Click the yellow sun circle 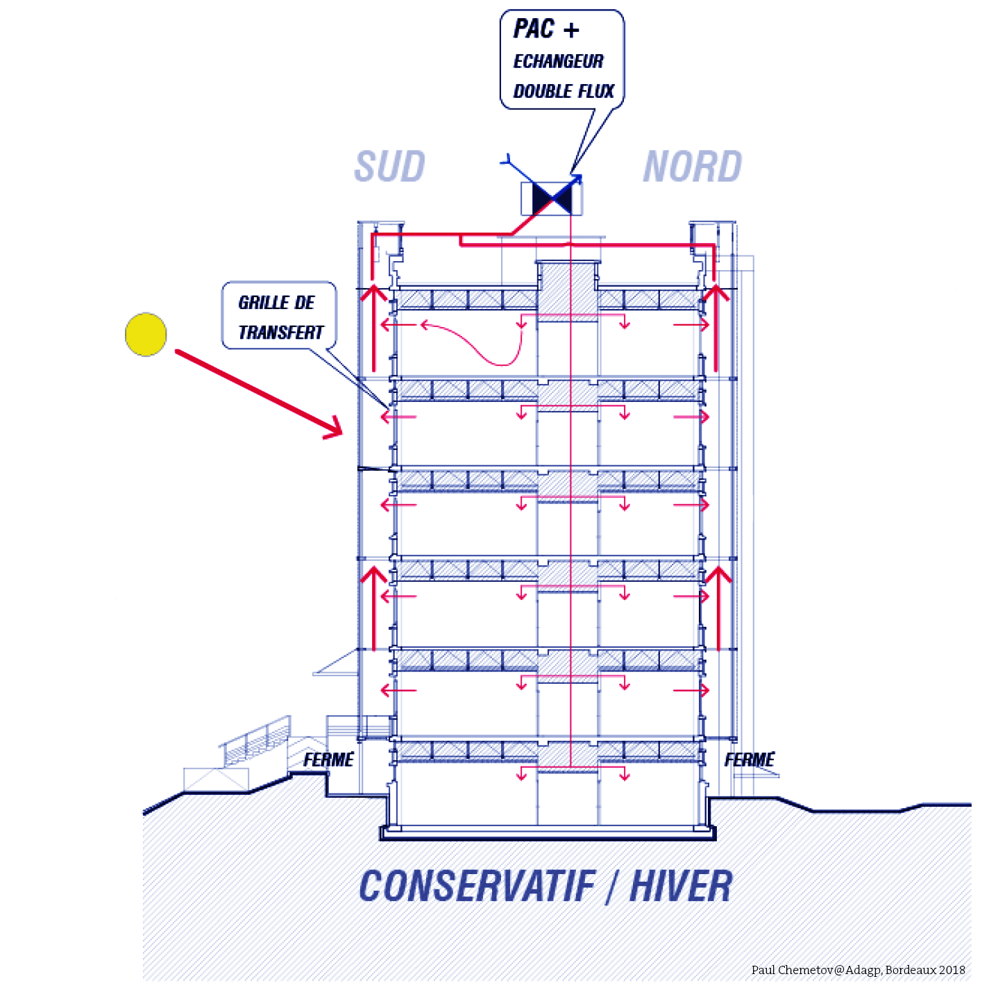click(x=146, y=334)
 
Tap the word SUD click(x=389, y=167)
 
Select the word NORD click(x=692, y=167)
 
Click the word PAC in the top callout click(x=534, y=29)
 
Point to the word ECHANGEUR click(x=558, y=62)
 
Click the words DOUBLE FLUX click(x=564, y=91)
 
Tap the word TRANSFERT click(x=280, y=333)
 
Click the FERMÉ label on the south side click(x=328, y=760)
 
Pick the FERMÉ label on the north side click(x=750, y=760)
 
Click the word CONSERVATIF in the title click(x=477, y=887)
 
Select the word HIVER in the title click(x=681, y=887)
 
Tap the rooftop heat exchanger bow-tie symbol click(x=552, y=199)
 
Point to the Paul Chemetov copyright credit click(x=858, y=970)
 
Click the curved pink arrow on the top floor click(x=479, y=344)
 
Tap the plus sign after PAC click(x=571, y=30)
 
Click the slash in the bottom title click(x=611, y=887)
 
